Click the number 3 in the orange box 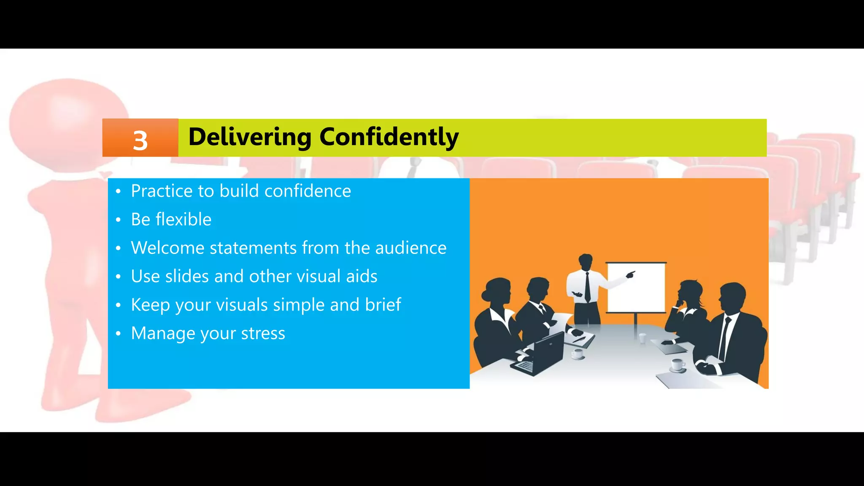(140, 140)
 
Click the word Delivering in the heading (250, 137)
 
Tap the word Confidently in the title (389, 137)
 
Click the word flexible (184, 219)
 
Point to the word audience (410, 248)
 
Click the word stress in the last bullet (263, 333)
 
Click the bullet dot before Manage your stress (119, 334)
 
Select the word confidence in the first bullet (308, 191)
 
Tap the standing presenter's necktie (587, 287)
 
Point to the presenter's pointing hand (630, 275)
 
